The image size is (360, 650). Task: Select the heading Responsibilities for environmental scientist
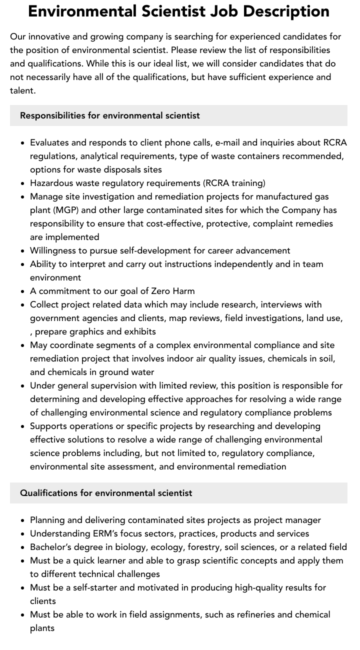click(x=109, y=115)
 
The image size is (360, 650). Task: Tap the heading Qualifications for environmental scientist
click(x=106, y=493)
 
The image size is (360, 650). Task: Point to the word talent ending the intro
click(x=22, y=90)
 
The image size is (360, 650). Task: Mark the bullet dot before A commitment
click(x=23, y=291)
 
